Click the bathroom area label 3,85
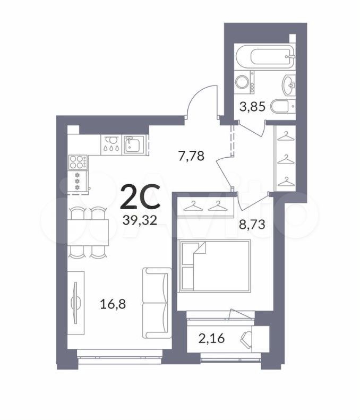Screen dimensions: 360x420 click(x=252, y=107)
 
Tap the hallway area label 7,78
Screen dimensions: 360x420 click(x=191, y=156)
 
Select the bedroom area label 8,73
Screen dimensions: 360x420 click(x=252, y=225)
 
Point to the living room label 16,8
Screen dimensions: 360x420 click(x=113, y=304)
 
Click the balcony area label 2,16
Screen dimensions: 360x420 click(x=211, y=338)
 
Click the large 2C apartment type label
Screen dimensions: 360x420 click(x=140, y=197)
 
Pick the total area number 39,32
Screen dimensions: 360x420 click(x=140, y=220)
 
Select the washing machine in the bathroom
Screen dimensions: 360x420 click(x=245, y=82)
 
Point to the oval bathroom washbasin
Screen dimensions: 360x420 click(x=288, y=84)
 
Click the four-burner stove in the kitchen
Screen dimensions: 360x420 click(x=78, y=162)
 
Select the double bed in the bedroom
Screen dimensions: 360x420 click(x=215, y=266)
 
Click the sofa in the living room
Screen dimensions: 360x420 click(x=157, y=303)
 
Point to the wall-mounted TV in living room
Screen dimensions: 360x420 click(x=76, y=303)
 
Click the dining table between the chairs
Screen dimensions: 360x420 click(x=88, y=233)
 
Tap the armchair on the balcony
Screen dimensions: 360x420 click(x=246, y=338)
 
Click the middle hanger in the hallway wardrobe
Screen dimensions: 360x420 click(x=286, y=160)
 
